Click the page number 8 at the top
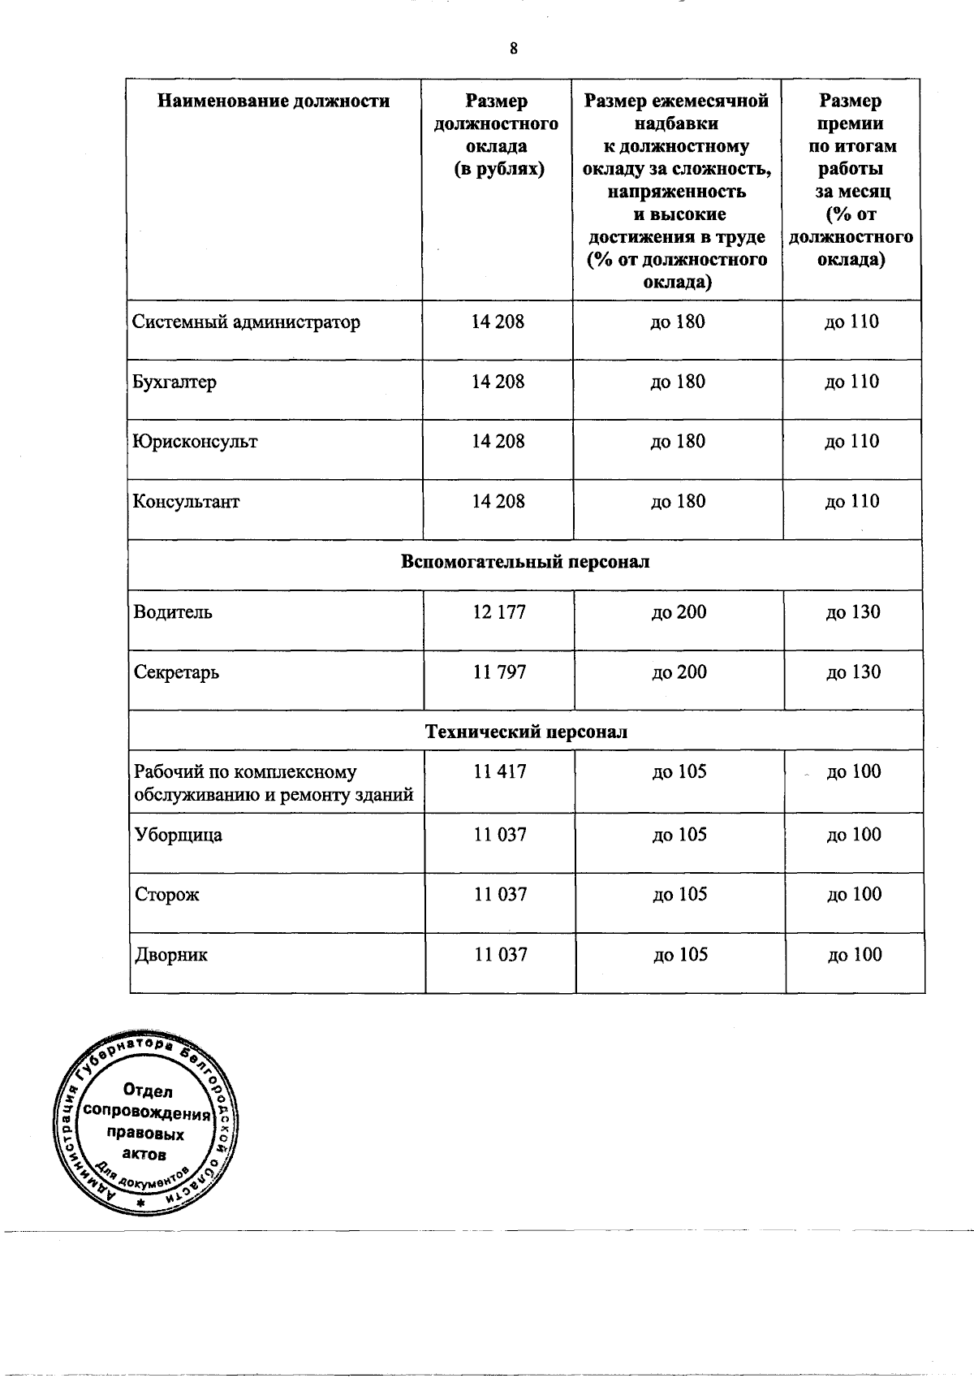[513, 49]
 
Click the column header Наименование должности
[274, 102]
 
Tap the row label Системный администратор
[246, 322]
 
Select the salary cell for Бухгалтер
[498, 382]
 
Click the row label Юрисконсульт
[195, 442]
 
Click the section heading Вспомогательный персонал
[525, 562]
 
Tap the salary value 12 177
[499, 612]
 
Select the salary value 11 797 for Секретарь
[499, 672]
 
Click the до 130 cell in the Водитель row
[852, 612]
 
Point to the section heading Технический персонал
[526, 732]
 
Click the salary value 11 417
[499, 771]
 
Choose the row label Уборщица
[178, 835]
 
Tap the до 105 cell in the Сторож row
[679, 895]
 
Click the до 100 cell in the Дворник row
[854, 955]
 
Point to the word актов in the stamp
[146, 1154]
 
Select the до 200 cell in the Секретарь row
[679, 672]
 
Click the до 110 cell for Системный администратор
[851, 322]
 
